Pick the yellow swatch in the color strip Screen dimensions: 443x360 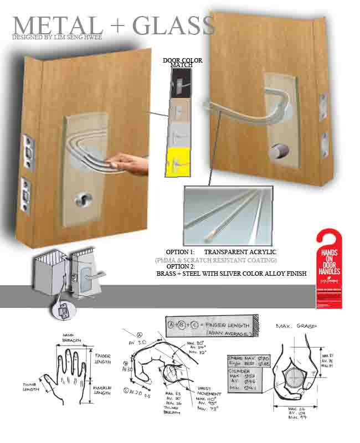coord(177,163)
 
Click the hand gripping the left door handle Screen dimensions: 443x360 coord(127,164)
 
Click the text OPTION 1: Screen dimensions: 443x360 coord(181,252)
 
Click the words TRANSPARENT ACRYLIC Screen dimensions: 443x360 coord(240,252)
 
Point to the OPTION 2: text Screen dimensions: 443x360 coord(181,266)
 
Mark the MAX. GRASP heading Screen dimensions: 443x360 coord(296,326)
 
